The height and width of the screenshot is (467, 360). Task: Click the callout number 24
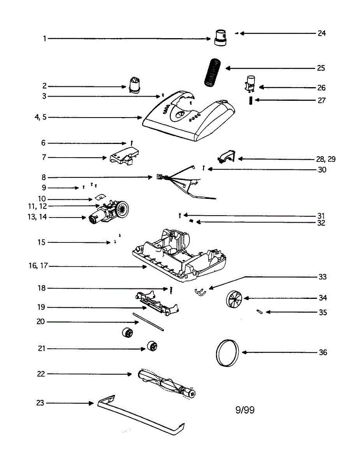pos(321,33)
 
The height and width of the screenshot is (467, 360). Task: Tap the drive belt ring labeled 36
pos(226,353)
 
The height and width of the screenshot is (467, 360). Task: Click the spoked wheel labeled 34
pos(234,300)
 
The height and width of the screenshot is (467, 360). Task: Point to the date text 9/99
pos(245,409)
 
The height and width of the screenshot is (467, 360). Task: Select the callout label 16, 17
pos(38,266)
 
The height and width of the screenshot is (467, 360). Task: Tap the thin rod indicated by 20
pos(148,321)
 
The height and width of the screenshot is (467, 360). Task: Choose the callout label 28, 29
pos(326,159)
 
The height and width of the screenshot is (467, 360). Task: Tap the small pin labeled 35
pos(260,311)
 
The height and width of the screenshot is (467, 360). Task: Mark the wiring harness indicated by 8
pos(179,181)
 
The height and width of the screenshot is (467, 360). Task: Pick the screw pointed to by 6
pos(132,143)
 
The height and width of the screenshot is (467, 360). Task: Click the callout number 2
pos(44,86)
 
